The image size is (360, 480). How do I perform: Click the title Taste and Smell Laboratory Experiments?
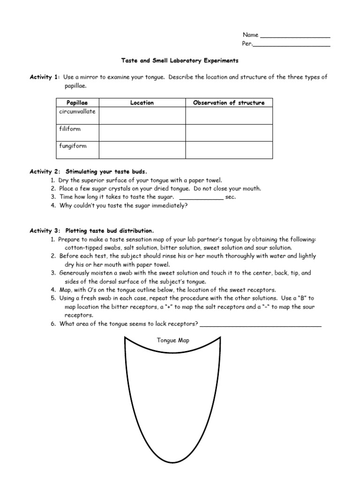coord(180,61)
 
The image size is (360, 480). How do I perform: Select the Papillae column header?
coord(77,103)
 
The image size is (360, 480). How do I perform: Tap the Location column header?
coord(142,103)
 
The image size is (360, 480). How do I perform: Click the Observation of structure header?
coord(229,103)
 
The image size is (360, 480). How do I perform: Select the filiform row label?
coord(69,129)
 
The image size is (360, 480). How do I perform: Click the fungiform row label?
coord(72,146)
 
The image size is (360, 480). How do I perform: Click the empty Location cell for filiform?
coord(142,133)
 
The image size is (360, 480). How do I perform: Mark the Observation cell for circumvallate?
coord(229,116)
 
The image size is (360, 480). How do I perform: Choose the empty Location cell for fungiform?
coord(142,150)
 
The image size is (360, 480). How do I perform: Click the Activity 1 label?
coord(45,77)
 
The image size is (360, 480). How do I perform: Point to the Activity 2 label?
coord(45,172)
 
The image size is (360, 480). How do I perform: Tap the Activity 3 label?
coord(45,231)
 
